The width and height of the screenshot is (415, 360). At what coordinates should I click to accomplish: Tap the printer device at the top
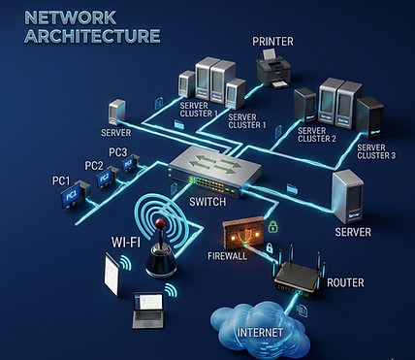pos(273,69)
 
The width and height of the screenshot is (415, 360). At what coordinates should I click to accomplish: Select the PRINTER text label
pos(273,41)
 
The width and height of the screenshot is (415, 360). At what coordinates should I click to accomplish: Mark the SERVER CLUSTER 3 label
pos(375,148)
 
